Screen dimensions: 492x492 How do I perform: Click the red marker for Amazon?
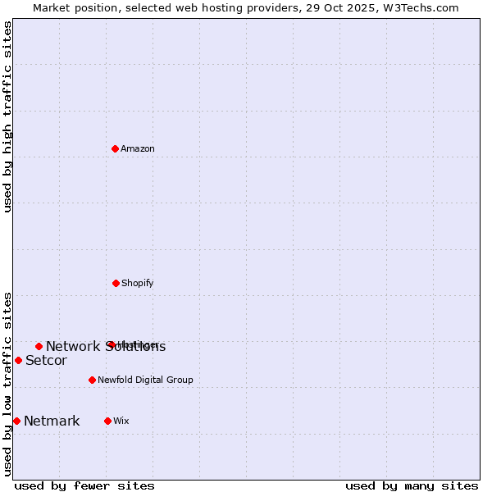coord(116,148)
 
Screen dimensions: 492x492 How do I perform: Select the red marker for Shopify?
coord(116,283)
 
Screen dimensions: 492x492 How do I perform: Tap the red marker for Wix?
coord(107,421)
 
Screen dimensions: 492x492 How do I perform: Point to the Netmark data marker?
coord(16,421)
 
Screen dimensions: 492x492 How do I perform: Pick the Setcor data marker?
coord(18,360)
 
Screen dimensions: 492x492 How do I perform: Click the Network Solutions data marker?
coord(39,346)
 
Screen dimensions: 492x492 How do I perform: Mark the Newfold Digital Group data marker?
coord(92,380)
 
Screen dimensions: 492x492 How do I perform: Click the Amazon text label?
coord(138,148)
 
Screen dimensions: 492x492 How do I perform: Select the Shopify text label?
coord(138,283)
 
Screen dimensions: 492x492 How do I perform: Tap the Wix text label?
coord(121,421)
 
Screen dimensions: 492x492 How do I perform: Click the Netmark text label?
coord(52,421)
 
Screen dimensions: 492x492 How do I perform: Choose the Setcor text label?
coord(46,361)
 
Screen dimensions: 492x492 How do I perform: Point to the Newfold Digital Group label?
coord(145,380)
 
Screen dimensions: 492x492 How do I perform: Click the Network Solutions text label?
coord(106,347)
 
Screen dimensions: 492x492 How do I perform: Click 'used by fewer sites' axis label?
coord(84,485)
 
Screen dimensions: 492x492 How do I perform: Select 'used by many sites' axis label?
coord(412,485)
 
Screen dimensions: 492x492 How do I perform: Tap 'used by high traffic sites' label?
coord(7,116)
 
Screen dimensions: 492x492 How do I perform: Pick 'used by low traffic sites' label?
coord(7,384)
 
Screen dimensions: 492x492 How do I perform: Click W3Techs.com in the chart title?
coord(417,7)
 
